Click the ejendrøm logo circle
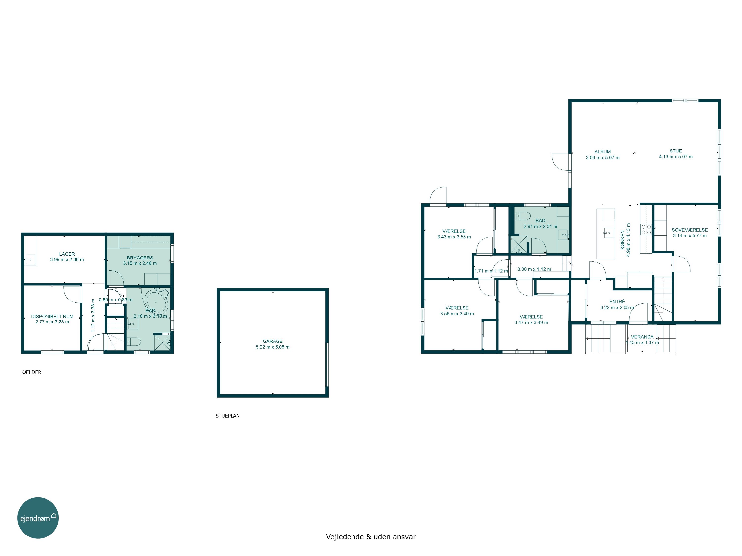coord(38,518)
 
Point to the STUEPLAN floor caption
coord(228,416)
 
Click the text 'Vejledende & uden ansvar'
coord(371,536)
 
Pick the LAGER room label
coord(67,254)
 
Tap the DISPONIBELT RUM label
coord(52,316)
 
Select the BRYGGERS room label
coord(140,258)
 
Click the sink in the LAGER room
coord(30,260)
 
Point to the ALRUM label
coord(603,152)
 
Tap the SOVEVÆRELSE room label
coord(690,230)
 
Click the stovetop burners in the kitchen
coord(646,229)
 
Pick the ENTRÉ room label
coord(617,302)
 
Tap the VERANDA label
coord(642,337)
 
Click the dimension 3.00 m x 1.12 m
coord(534,269)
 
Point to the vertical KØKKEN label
coord(623,240)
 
